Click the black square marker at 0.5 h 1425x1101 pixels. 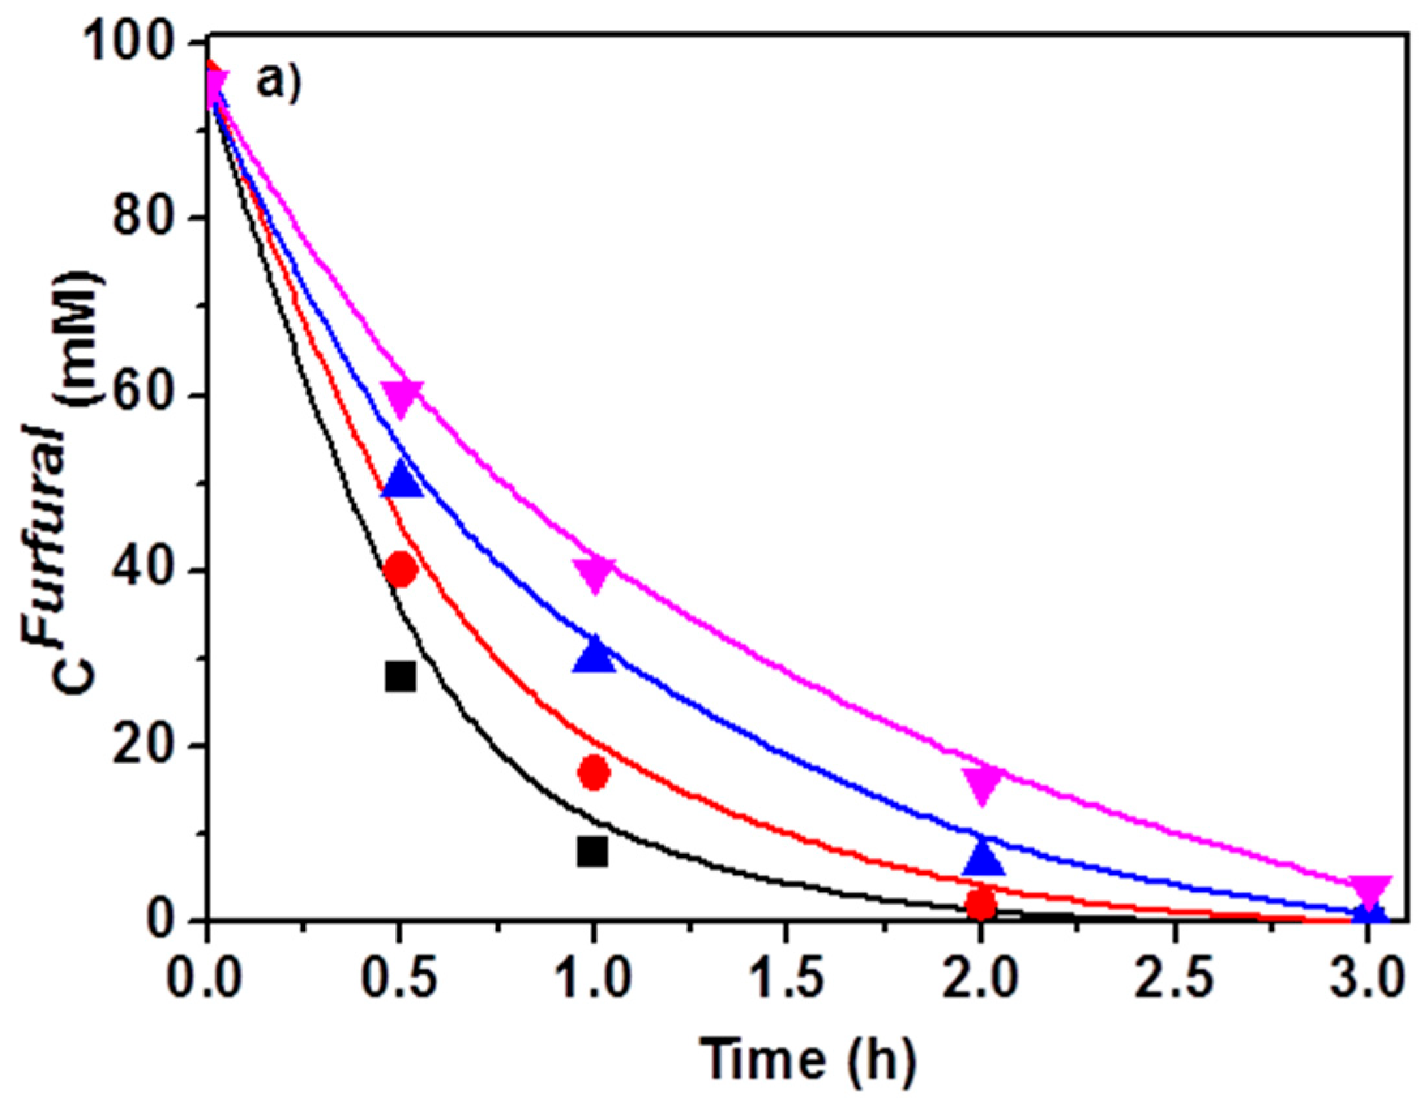click(400, 677)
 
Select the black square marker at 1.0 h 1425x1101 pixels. click(592, 851)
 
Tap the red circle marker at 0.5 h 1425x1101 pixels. click(400, 569)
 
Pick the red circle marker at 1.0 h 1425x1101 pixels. click(593, 773)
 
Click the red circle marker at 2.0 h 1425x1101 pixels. click(981, 905)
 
